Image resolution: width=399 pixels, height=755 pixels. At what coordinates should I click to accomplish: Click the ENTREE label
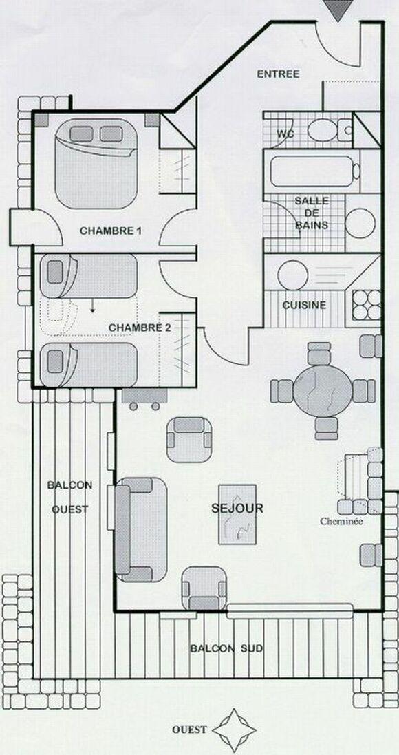[x=278, y=74]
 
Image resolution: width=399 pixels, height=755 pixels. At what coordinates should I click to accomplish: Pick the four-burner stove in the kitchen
[x=367, y=305]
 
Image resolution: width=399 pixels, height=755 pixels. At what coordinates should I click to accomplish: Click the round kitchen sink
[x=293, y=275]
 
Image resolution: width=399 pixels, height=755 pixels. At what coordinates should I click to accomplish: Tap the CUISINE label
[x=304, y=305]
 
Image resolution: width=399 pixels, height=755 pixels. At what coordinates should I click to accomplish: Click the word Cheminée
[x=341, y=521]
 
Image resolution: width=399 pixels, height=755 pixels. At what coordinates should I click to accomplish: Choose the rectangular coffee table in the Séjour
[x=237, y=514]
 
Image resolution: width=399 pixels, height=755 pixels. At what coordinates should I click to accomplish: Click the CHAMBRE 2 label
[x=140, y=328]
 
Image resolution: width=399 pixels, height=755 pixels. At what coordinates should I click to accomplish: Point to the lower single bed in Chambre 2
[x=89, y=363]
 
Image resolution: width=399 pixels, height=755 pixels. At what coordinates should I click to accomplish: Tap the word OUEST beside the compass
[x=189, y=729]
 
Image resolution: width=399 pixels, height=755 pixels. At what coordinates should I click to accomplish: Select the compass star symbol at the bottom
[x=236, y=730]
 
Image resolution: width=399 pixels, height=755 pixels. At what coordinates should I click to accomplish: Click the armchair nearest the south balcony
[x=204, y=588]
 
